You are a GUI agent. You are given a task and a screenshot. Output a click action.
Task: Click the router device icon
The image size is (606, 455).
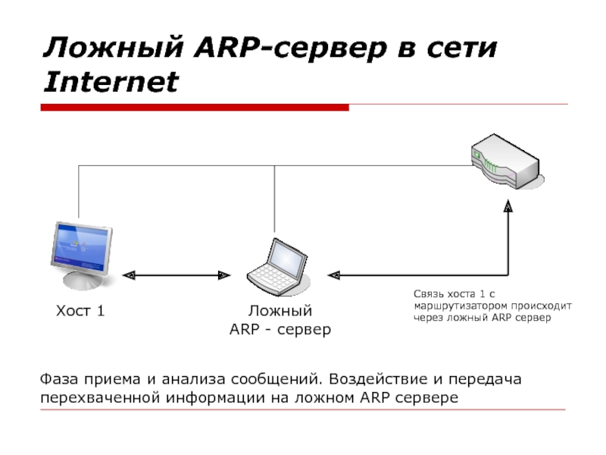pos(504,161)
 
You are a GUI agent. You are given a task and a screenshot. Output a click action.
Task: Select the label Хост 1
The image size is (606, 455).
pos(80,311)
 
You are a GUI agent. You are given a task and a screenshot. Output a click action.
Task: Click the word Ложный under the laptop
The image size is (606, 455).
pos(280,311)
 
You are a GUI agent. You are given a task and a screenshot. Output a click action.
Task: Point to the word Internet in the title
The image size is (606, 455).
pos(111,81)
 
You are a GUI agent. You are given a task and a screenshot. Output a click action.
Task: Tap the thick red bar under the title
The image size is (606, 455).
pos(195,108)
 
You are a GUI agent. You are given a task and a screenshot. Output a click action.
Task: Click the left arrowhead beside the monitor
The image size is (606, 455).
pos(129,275)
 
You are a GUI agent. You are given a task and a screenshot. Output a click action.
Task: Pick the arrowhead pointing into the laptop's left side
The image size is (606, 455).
pos(224,275)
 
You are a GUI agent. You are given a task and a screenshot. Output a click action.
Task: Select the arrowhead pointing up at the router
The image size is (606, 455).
pos(508,205)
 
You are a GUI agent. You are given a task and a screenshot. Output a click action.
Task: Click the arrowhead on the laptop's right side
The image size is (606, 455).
pos(333,275)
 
